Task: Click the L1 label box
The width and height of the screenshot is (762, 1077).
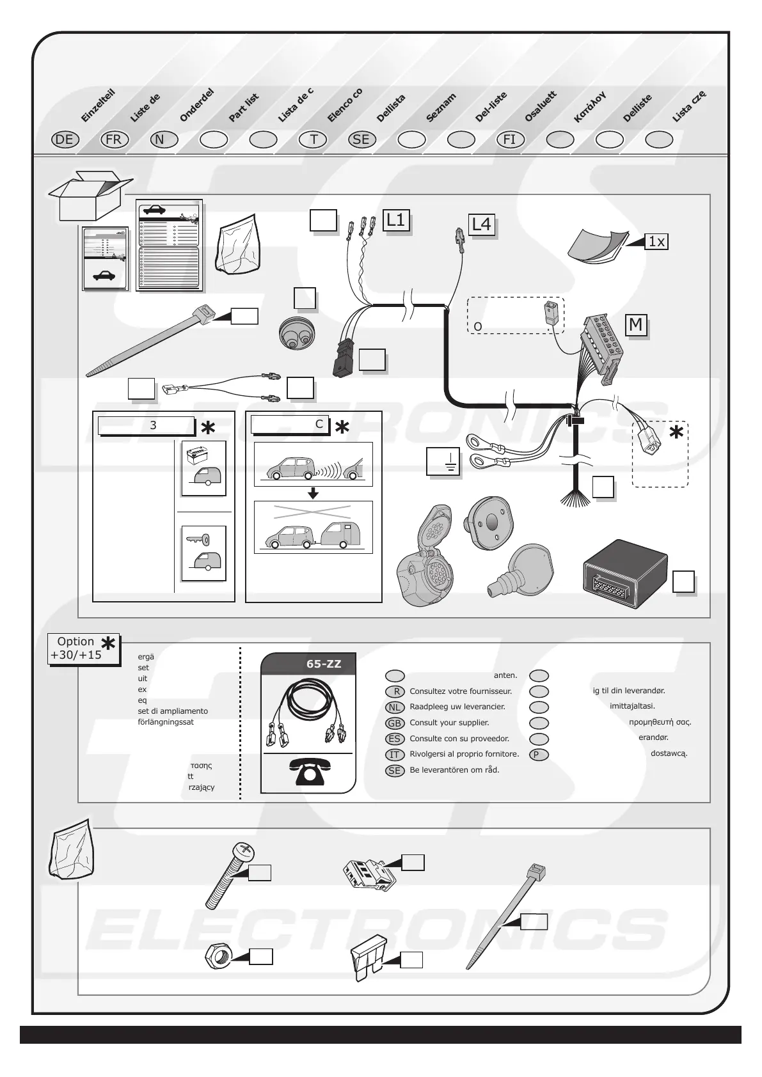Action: tap(396, 220)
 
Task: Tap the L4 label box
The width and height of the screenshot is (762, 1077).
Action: tap(481, 224)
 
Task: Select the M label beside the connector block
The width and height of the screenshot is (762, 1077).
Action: tap(635, 325)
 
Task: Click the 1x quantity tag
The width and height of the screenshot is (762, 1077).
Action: tap(656, 242)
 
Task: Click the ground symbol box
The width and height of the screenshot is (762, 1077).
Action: tap(443, 461)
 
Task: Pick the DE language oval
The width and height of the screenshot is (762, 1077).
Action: tap(65, 140)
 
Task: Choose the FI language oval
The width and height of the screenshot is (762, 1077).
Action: tap(510, 140)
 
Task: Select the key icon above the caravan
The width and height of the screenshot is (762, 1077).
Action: tap(195, 540)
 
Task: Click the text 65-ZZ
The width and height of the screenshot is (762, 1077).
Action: tap(324, 664)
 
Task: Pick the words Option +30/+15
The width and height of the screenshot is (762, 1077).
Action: tap(75, 648)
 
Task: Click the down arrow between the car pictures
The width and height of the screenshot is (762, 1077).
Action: tap(313, 493)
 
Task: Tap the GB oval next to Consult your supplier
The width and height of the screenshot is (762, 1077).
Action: tap(395, 723)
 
